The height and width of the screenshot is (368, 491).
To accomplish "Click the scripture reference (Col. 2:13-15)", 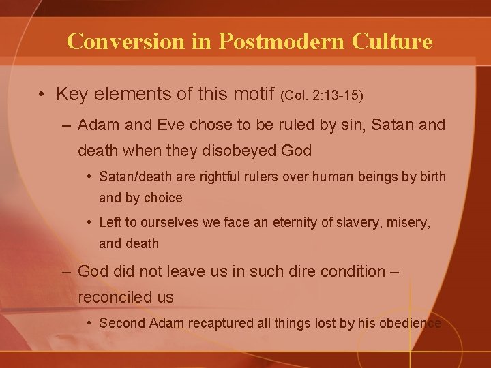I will (x=322, y=95).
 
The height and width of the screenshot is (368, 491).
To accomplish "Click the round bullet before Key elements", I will (x=42, y=95).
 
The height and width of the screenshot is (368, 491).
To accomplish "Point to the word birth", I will (x=432, y=177).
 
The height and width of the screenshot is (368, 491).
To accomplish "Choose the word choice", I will (x=161, y=198).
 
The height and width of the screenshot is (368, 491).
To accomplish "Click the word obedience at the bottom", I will (x=408, y=323).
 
